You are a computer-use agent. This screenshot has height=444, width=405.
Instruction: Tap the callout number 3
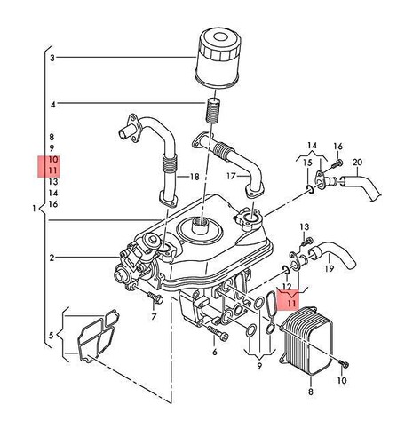pyautogui.click(x=52, y=59)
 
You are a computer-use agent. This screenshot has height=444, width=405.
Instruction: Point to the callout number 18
pyautogui.click(x=194, y=178)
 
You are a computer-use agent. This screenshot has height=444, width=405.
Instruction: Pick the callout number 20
pyautogui.click(x=357, y=163)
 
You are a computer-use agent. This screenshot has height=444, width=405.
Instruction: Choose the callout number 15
pyautogui.click(x=308, y=163)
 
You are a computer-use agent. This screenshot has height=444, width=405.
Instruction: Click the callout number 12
pyautogui.click(x=286, y=287)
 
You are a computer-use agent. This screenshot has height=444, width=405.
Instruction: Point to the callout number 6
pyautogui.click(x=214, y=352)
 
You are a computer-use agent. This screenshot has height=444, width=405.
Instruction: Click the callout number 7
pyautogui.click(x=153, y=317)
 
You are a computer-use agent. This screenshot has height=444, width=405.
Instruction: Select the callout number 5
pyautogui.click(x=52, y=335)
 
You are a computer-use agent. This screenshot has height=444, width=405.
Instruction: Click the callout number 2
pyautogui.click(x=52, y=258)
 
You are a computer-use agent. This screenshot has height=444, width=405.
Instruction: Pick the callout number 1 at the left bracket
pyautogui.click(x=34, y=209)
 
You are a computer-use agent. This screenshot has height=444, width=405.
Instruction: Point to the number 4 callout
pyautogui.click(x=52, y=105)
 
